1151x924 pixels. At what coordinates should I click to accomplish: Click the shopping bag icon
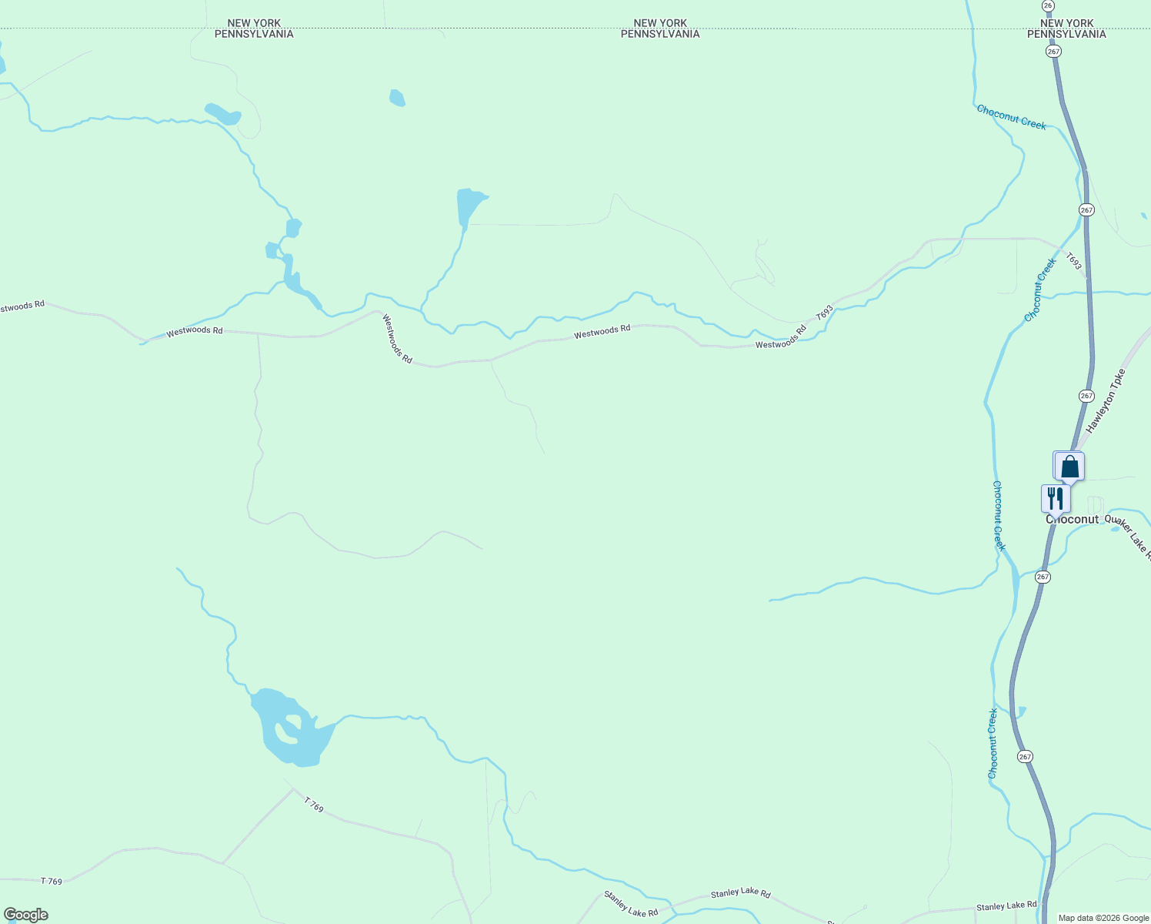click(1069, 467)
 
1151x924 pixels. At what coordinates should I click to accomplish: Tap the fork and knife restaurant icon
click(1055, 498)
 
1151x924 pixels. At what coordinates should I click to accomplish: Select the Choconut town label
click(1073, 520)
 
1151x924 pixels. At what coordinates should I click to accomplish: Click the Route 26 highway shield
click(1048, 5)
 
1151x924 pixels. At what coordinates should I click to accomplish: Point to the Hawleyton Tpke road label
click(1106, 400)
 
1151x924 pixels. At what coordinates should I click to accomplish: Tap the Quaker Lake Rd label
click(1128, 536)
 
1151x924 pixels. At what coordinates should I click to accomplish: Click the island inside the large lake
click(292, 726)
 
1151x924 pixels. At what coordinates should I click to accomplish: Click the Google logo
click(25, 915)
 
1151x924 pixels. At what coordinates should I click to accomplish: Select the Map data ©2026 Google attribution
click(1103, 918)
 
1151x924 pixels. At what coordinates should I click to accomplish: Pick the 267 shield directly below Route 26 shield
click(1053, 51)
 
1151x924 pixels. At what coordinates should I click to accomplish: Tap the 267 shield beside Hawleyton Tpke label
click(1086, 396)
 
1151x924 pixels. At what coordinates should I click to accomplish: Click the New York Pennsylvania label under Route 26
click(1066, 28)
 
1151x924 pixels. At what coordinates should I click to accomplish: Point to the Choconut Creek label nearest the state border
click(1011, 117)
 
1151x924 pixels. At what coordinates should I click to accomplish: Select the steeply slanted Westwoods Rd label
click(397, 340)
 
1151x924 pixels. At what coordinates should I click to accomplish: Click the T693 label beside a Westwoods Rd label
click(824, 313)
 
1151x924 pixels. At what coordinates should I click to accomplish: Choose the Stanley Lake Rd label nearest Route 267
click(1006, 906)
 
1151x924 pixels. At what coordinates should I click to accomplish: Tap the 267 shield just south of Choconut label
click(1043, 577)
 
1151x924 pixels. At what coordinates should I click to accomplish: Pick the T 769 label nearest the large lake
click(313, 805)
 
